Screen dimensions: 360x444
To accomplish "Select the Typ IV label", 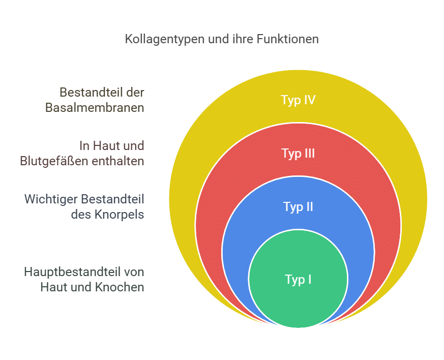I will pos(298,100).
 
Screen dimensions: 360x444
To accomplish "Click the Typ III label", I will pos(298,153).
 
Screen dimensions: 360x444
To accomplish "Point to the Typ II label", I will pos(298,207).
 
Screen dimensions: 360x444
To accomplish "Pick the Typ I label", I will pos(298,279).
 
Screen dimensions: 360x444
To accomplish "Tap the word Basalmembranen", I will pos(95,108).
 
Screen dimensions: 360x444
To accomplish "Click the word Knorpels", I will pos(119,215).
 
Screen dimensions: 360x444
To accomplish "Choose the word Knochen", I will pos(119,287).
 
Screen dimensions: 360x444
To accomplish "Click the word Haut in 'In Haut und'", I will pos(106,146).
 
